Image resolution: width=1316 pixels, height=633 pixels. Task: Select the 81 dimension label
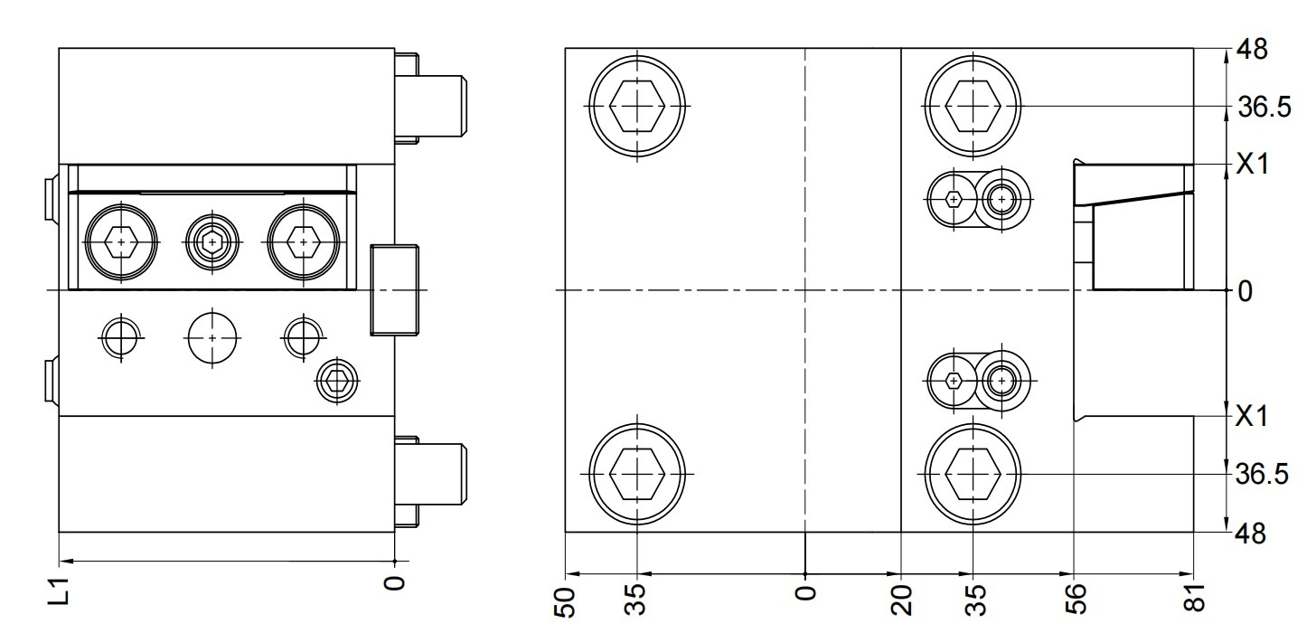click(1195, 597)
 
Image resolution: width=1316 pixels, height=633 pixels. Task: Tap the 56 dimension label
click(1075, 599)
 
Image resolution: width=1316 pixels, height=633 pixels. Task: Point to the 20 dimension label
click(902, 600)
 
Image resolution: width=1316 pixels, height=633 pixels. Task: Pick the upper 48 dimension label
click(1252, 50)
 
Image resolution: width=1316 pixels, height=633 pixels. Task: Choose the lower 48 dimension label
click(1250, 534)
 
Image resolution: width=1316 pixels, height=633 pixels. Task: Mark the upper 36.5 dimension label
click(1264, 108)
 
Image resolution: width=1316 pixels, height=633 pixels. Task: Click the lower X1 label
click(1252, 416)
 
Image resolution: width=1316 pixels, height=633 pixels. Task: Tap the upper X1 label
click(1252, 165)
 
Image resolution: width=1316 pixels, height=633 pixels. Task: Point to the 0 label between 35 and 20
click(805, 592)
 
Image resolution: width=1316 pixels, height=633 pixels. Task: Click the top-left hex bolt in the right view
click(637, 106)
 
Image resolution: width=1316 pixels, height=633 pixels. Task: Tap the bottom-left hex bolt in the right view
click(637, 473)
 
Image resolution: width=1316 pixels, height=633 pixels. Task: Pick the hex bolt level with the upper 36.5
click(973, 106)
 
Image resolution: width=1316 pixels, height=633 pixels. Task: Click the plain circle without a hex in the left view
click(212, 338)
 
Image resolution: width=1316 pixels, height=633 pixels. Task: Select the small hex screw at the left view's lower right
click(336, 381)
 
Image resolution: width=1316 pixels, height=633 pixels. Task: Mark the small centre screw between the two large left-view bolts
click(212, 241)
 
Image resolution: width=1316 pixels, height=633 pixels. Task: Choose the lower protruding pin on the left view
click(430, 482)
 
